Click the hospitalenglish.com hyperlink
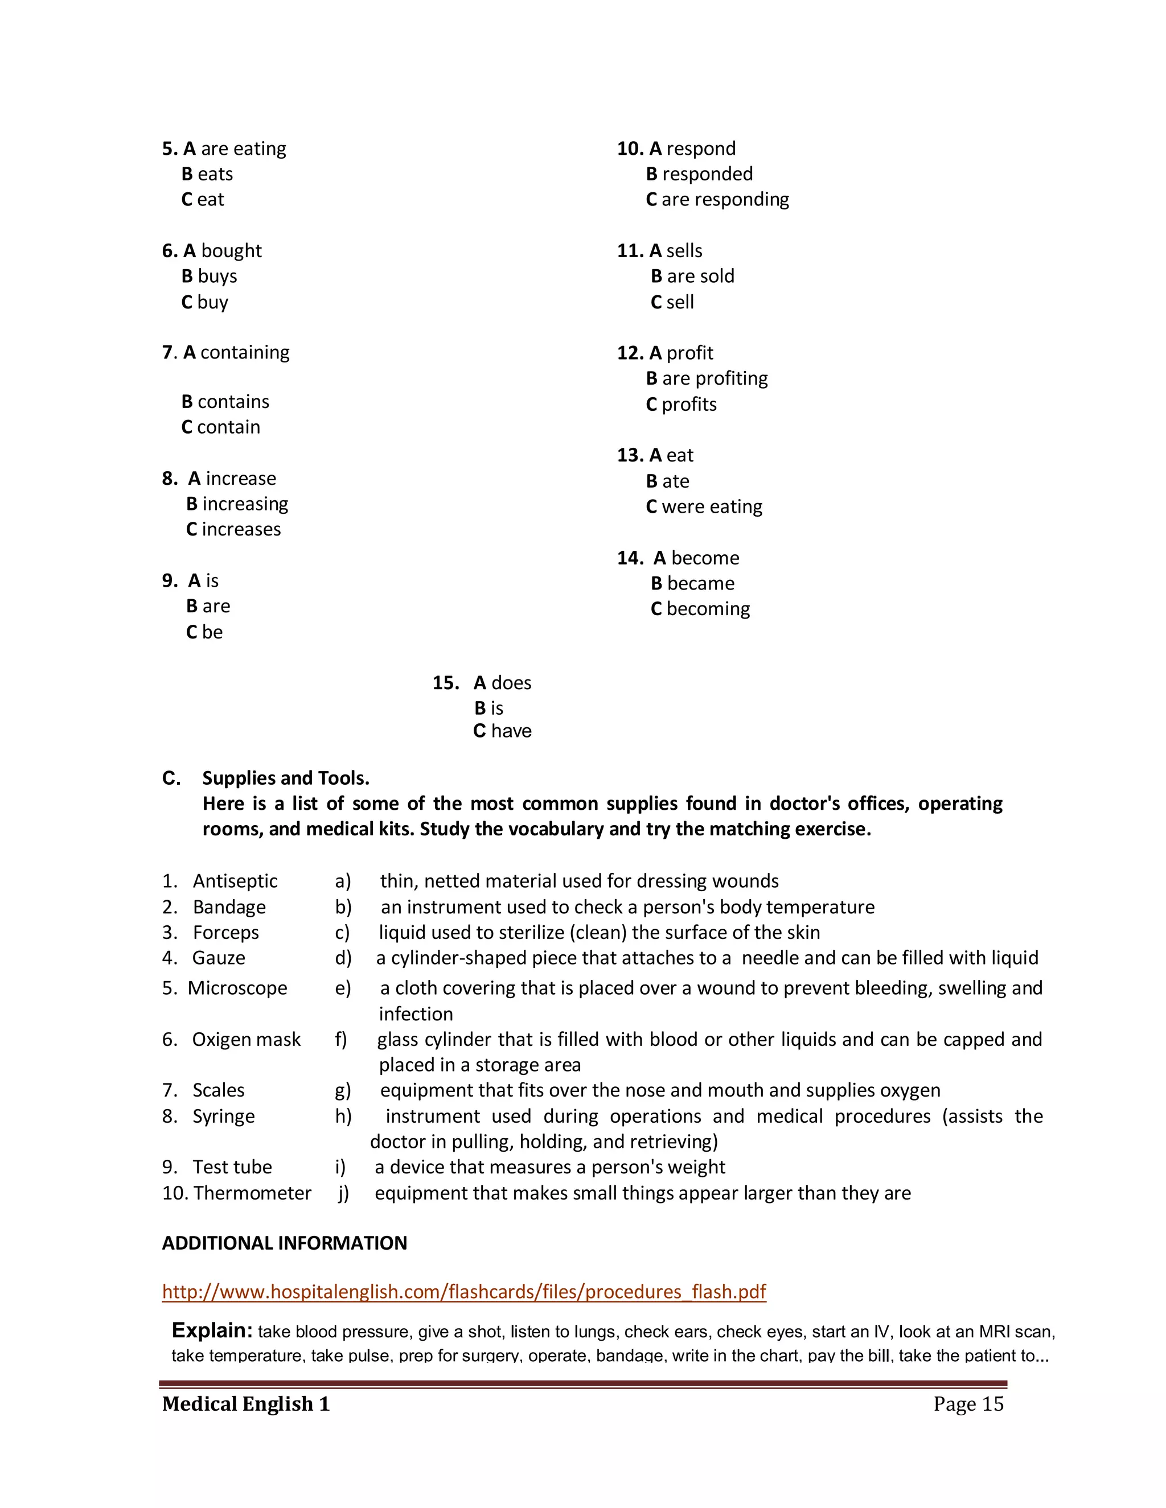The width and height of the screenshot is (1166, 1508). [x=463, y=1291]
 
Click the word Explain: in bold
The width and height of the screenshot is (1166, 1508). [x=212, y=1330]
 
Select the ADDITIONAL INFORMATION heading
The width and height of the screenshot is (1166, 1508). [x=284, y=1243]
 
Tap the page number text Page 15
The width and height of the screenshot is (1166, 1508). [x=968, y=1404]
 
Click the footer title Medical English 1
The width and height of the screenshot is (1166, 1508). [x=246, y=1404]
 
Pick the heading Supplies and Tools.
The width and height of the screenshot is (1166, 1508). [x=285, y=778]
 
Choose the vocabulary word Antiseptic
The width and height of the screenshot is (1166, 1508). [x=235, y=881]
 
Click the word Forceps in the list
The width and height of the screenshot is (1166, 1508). [x=225, y=932]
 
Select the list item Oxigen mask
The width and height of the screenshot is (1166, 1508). [x=246, y=1039]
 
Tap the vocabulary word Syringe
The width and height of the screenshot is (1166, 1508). [x=223, y=1116]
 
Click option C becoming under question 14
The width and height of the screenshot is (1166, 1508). [x=700, y=609]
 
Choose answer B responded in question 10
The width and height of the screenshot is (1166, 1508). [x=699, y=174]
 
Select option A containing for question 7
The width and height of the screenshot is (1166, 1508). [x=236, y=352]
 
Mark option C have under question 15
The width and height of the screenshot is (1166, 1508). [x=502, y=731]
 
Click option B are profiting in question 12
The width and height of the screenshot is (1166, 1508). [x=707, y=378]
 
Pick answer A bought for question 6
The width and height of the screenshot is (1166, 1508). [x=223, y=250]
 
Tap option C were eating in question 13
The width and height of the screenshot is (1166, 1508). [x=704, y=507]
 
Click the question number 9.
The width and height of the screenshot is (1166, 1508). [x=169, y=580]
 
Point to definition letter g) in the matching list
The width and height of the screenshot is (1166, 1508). [x=343, y=1090]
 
